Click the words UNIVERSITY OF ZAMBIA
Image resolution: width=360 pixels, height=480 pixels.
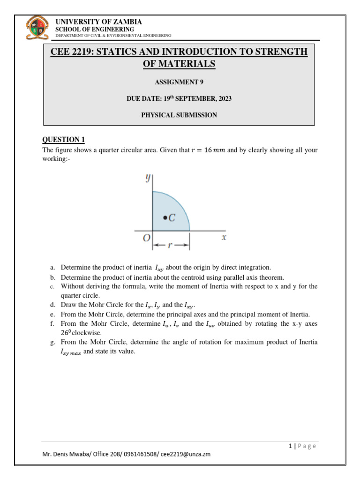pyautogui.click(x=98, y=22)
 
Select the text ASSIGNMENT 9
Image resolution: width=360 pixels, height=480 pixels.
pyautogui.click(x=179, y=82)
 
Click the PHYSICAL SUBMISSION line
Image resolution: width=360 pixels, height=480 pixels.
pyautogui.click(x=179, y=115)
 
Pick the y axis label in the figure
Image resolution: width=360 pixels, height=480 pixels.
pyautogui.click(x=147, y=178)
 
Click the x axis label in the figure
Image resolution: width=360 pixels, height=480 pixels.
pyautogui.click(x=224, y=238)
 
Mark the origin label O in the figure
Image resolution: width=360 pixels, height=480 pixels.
pyautogui.click(x=147, y=238)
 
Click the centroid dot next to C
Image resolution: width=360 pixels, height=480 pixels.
pyautogui.click(x=165, y=217)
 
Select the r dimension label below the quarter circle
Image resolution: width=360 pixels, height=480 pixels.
pyautogui.click(x=171, y=245)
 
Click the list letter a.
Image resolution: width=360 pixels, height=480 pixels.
pyautogui.click(x=52, y=268)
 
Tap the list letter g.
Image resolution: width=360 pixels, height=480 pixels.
pyautogui.click(x=52, y=343)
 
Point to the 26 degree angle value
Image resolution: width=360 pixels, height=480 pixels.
pyautogui.click(x=65, y=333)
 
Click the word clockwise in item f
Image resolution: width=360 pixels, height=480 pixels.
pyautogui.click(x=88, y=333)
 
